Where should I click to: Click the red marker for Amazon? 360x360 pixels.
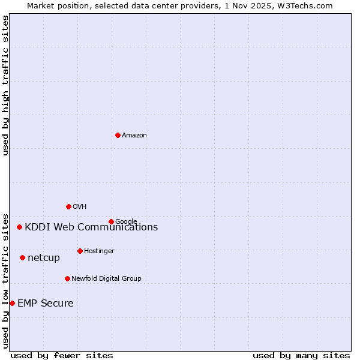click(x=118, y=135)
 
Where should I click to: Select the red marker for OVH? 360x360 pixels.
click(x=68, y=206)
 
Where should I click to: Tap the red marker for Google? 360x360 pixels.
click(x=111, y=221)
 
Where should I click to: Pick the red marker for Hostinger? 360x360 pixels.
click(x=80, y=251)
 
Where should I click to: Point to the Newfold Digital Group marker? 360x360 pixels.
click(x=67, y=278)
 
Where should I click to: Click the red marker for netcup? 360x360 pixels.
click(x=22, y=257)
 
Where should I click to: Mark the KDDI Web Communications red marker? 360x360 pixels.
click(x=19, y=227)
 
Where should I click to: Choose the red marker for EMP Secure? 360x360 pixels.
click(x=12, y=303)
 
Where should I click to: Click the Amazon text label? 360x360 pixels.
click(x=134, y=136)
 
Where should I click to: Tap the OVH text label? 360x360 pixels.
click(x=80, y=207)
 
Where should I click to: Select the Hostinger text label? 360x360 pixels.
click(x=99, y=251)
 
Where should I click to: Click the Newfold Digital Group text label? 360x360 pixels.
click(x=106, y=279)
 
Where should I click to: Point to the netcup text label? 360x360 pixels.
click(x=44, y=258)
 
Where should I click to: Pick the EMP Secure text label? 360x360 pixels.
click(x=46, y=304)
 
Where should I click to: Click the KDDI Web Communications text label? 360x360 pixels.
click(x=91, y=227)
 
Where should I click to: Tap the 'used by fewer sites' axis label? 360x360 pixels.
click(x=62, y=356)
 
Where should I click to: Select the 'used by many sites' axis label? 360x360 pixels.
click(x=301, y=356)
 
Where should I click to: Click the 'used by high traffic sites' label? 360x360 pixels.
click(x=5, y=85)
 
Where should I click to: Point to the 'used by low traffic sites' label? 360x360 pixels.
click(x=5, y=280)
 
